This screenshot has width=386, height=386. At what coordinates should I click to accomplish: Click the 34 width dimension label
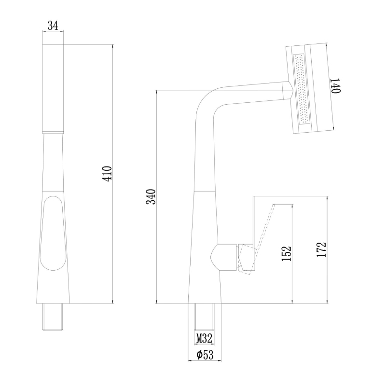coord(53,26)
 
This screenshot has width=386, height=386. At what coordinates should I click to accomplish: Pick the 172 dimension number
coord(322,249)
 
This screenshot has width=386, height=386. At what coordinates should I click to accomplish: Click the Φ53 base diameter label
coord(205,355)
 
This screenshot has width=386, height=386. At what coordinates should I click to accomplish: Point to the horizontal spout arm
coord(251,93)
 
